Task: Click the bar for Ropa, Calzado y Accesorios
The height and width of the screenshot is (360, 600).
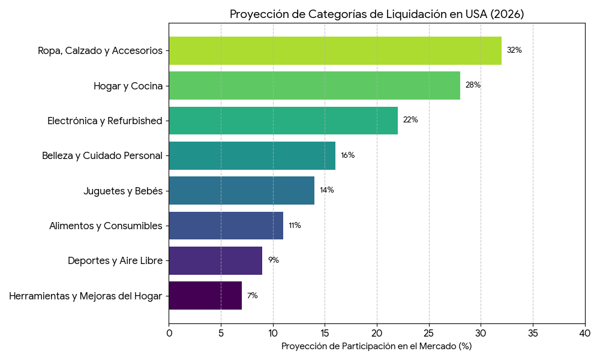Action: point(335,50)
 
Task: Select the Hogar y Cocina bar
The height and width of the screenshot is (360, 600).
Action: point(314,85)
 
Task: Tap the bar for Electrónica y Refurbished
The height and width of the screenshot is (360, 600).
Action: point(283,120)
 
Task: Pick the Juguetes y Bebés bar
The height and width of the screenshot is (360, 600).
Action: point(241,190)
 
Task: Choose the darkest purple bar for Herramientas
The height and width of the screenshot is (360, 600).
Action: point(205,295)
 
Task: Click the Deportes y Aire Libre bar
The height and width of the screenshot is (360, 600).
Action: point(215,260)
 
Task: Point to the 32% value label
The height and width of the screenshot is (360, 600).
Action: point(514,50)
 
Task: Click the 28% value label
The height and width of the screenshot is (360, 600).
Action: point(473,85)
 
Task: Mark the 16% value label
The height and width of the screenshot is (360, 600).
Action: point(347,155)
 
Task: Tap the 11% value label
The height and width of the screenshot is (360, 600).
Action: point(295,226)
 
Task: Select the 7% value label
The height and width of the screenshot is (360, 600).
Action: point(253,296)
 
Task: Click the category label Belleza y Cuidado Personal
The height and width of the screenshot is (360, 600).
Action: point(102,155)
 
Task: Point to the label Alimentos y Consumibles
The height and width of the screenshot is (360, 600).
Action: point(106,226)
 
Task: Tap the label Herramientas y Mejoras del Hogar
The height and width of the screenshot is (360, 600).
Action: point(86,296)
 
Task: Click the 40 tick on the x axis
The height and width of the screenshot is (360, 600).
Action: point(585,332)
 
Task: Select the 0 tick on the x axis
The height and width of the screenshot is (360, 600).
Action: point(169,332)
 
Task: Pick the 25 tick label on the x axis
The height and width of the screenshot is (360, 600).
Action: point(429,332)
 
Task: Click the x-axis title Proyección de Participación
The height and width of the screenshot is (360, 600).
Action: point(376,346)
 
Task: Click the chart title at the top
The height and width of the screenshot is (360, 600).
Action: point(376,14)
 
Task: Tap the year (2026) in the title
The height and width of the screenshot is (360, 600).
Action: point(506,14)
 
